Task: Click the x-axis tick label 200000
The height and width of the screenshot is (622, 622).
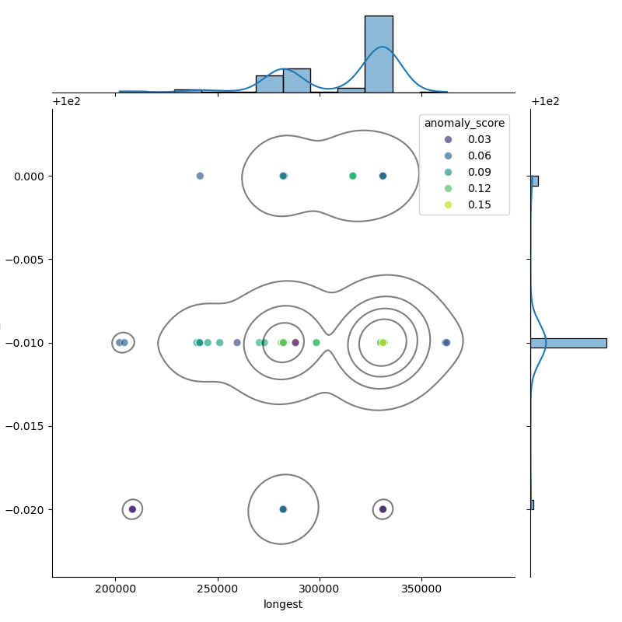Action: point(115,589)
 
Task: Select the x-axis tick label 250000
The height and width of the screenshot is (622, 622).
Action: point(218,589)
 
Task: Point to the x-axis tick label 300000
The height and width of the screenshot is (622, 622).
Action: point(320,589)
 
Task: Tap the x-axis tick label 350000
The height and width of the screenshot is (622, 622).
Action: point(421,589)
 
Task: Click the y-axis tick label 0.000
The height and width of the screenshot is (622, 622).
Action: point(29,176)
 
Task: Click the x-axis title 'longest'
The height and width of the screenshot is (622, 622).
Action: point(283,605)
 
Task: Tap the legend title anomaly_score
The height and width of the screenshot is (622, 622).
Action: point(464,124)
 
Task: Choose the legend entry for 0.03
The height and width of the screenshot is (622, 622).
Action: point(468,140)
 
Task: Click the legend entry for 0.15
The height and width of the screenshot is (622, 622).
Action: point(468,204)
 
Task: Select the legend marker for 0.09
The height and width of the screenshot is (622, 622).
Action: point(449,172)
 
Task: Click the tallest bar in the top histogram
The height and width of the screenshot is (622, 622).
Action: point(379,54)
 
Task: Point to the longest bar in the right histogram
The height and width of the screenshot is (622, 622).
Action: point(569,343)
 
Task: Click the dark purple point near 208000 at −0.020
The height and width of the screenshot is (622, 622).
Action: point(132,509)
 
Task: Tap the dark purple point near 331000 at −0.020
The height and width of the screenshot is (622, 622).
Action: point(383,509)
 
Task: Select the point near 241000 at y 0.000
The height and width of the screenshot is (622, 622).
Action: point(200,176)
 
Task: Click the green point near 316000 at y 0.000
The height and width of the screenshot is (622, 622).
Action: point(353,176)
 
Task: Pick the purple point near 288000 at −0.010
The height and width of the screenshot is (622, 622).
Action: point(295,342)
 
